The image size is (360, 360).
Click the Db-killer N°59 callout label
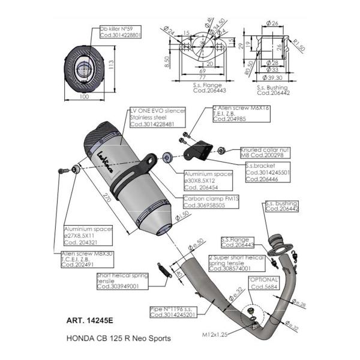point(120,32)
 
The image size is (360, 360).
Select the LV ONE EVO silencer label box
point(158,117)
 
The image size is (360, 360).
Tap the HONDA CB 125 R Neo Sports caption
point(117,338)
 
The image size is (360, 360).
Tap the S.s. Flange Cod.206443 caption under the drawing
point(192,89)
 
